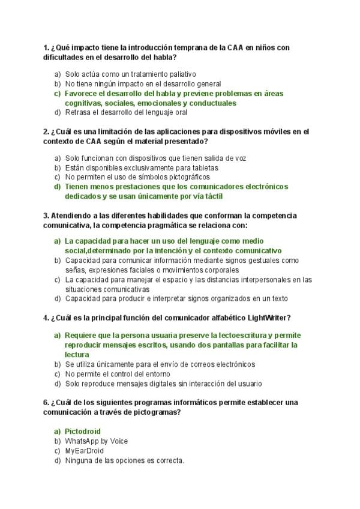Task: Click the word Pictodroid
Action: click(x=83, y=431)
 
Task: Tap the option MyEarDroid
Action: click(x=84, y=451)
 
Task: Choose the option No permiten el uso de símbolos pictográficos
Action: click(x=137, y=177)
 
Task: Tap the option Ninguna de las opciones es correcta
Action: click(x=124, y=460)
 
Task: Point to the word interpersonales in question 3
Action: click(x=256, y=279)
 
